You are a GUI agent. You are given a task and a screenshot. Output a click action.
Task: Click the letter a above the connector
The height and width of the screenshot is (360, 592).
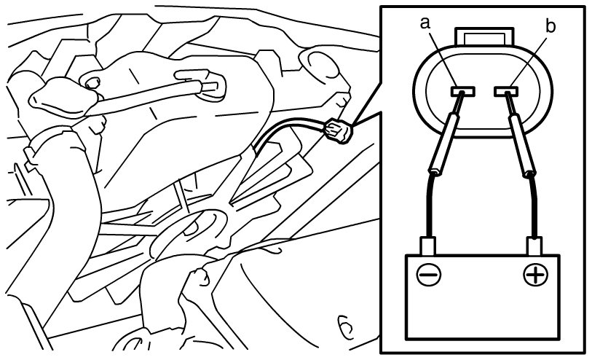[427, 24]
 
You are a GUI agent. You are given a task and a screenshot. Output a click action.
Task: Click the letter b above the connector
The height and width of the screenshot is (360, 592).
[550, 27]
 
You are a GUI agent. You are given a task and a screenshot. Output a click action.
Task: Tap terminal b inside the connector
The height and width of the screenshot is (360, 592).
[505, 92]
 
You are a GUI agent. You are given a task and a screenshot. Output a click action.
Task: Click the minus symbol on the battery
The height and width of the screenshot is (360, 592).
[428, 275]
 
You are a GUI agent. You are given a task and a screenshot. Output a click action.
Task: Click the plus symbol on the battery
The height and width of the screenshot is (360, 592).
[536, 275]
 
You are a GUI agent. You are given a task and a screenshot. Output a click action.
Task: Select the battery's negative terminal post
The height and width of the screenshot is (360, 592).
[427, 246]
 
